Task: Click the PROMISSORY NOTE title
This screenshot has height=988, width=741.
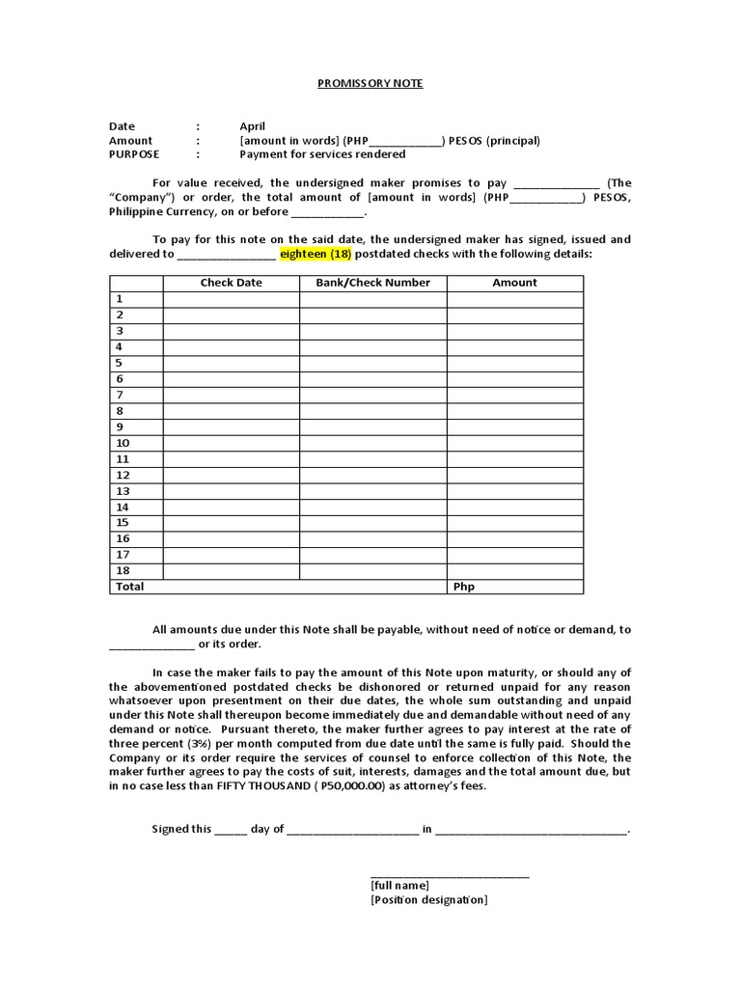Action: pos(370,83)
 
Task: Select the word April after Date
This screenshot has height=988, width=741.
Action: pos(252,126)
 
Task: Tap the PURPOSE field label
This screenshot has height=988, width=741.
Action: pos(134,154)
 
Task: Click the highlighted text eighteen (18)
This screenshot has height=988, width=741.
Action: pos(316,254)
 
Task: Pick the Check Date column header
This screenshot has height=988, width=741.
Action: pos(231,283)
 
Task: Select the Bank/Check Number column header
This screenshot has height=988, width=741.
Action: pos(372,283)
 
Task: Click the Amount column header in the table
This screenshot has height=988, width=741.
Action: pos(514,283)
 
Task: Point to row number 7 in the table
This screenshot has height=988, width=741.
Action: pos(120,395)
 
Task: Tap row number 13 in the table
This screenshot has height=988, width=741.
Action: pos(123,491)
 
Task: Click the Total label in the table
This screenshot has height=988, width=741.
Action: pos(129,587)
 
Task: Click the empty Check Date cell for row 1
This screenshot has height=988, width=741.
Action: pos(231,299)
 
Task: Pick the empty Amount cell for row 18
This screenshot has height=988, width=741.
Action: pos(514,570)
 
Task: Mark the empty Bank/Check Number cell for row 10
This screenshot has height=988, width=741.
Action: pos(372,443)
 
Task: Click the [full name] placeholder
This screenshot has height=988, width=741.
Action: pos(399,886)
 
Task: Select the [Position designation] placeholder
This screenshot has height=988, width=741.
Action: pos(428,900)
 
